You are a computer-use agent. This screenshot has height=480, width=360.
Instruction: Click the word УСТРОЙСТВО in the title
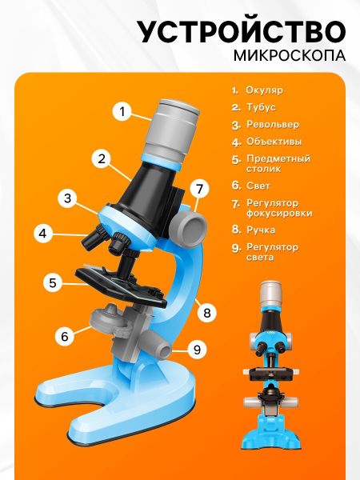242,32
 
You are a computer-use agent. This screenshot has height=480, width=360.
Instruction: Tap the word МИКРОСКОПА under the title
290,55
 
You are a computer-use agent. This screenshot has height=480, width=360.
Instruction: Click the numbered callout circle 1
122,111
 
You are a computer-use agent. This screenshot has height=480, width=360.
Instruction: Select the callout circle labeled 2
102,158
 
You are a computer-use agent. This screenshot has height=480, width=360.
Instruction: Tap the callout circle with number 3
68,198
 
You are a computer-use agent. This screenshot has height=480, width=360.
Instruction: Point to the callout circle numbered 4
43,234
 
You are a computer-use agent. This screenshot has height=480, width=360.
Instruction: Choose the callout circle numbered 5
53,282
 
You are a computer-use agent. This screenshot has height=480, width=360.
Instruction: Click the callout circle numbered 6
65,336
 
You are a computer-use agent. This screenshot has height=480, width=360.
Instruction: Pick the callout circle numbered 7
200,189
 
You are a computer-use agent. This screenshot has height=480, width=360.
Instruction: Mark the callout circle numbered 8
207,313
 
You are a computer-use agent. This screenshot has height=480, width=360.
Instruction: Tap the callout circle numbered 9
197,350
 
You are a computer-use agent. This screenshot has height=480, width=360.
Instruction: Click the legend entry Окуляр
265,90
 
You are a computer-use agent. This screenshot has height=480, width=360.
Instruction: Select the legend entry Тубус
261,107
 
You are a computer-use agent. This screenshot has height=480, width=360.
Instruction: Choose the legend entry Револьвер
273,125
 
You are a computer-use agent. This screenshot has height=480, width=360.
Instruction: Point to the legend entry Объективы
274,142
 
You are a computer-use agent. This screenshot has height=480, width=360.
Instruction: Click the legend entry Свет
258,186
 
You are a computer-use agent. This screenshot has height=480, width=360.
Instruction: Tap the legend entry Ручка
261,230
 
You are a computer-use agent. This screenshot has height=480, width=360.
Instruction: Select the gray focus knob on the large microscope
188,225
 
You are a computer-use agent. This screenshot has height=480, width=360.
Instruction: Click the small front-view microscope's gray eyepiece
270,292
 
